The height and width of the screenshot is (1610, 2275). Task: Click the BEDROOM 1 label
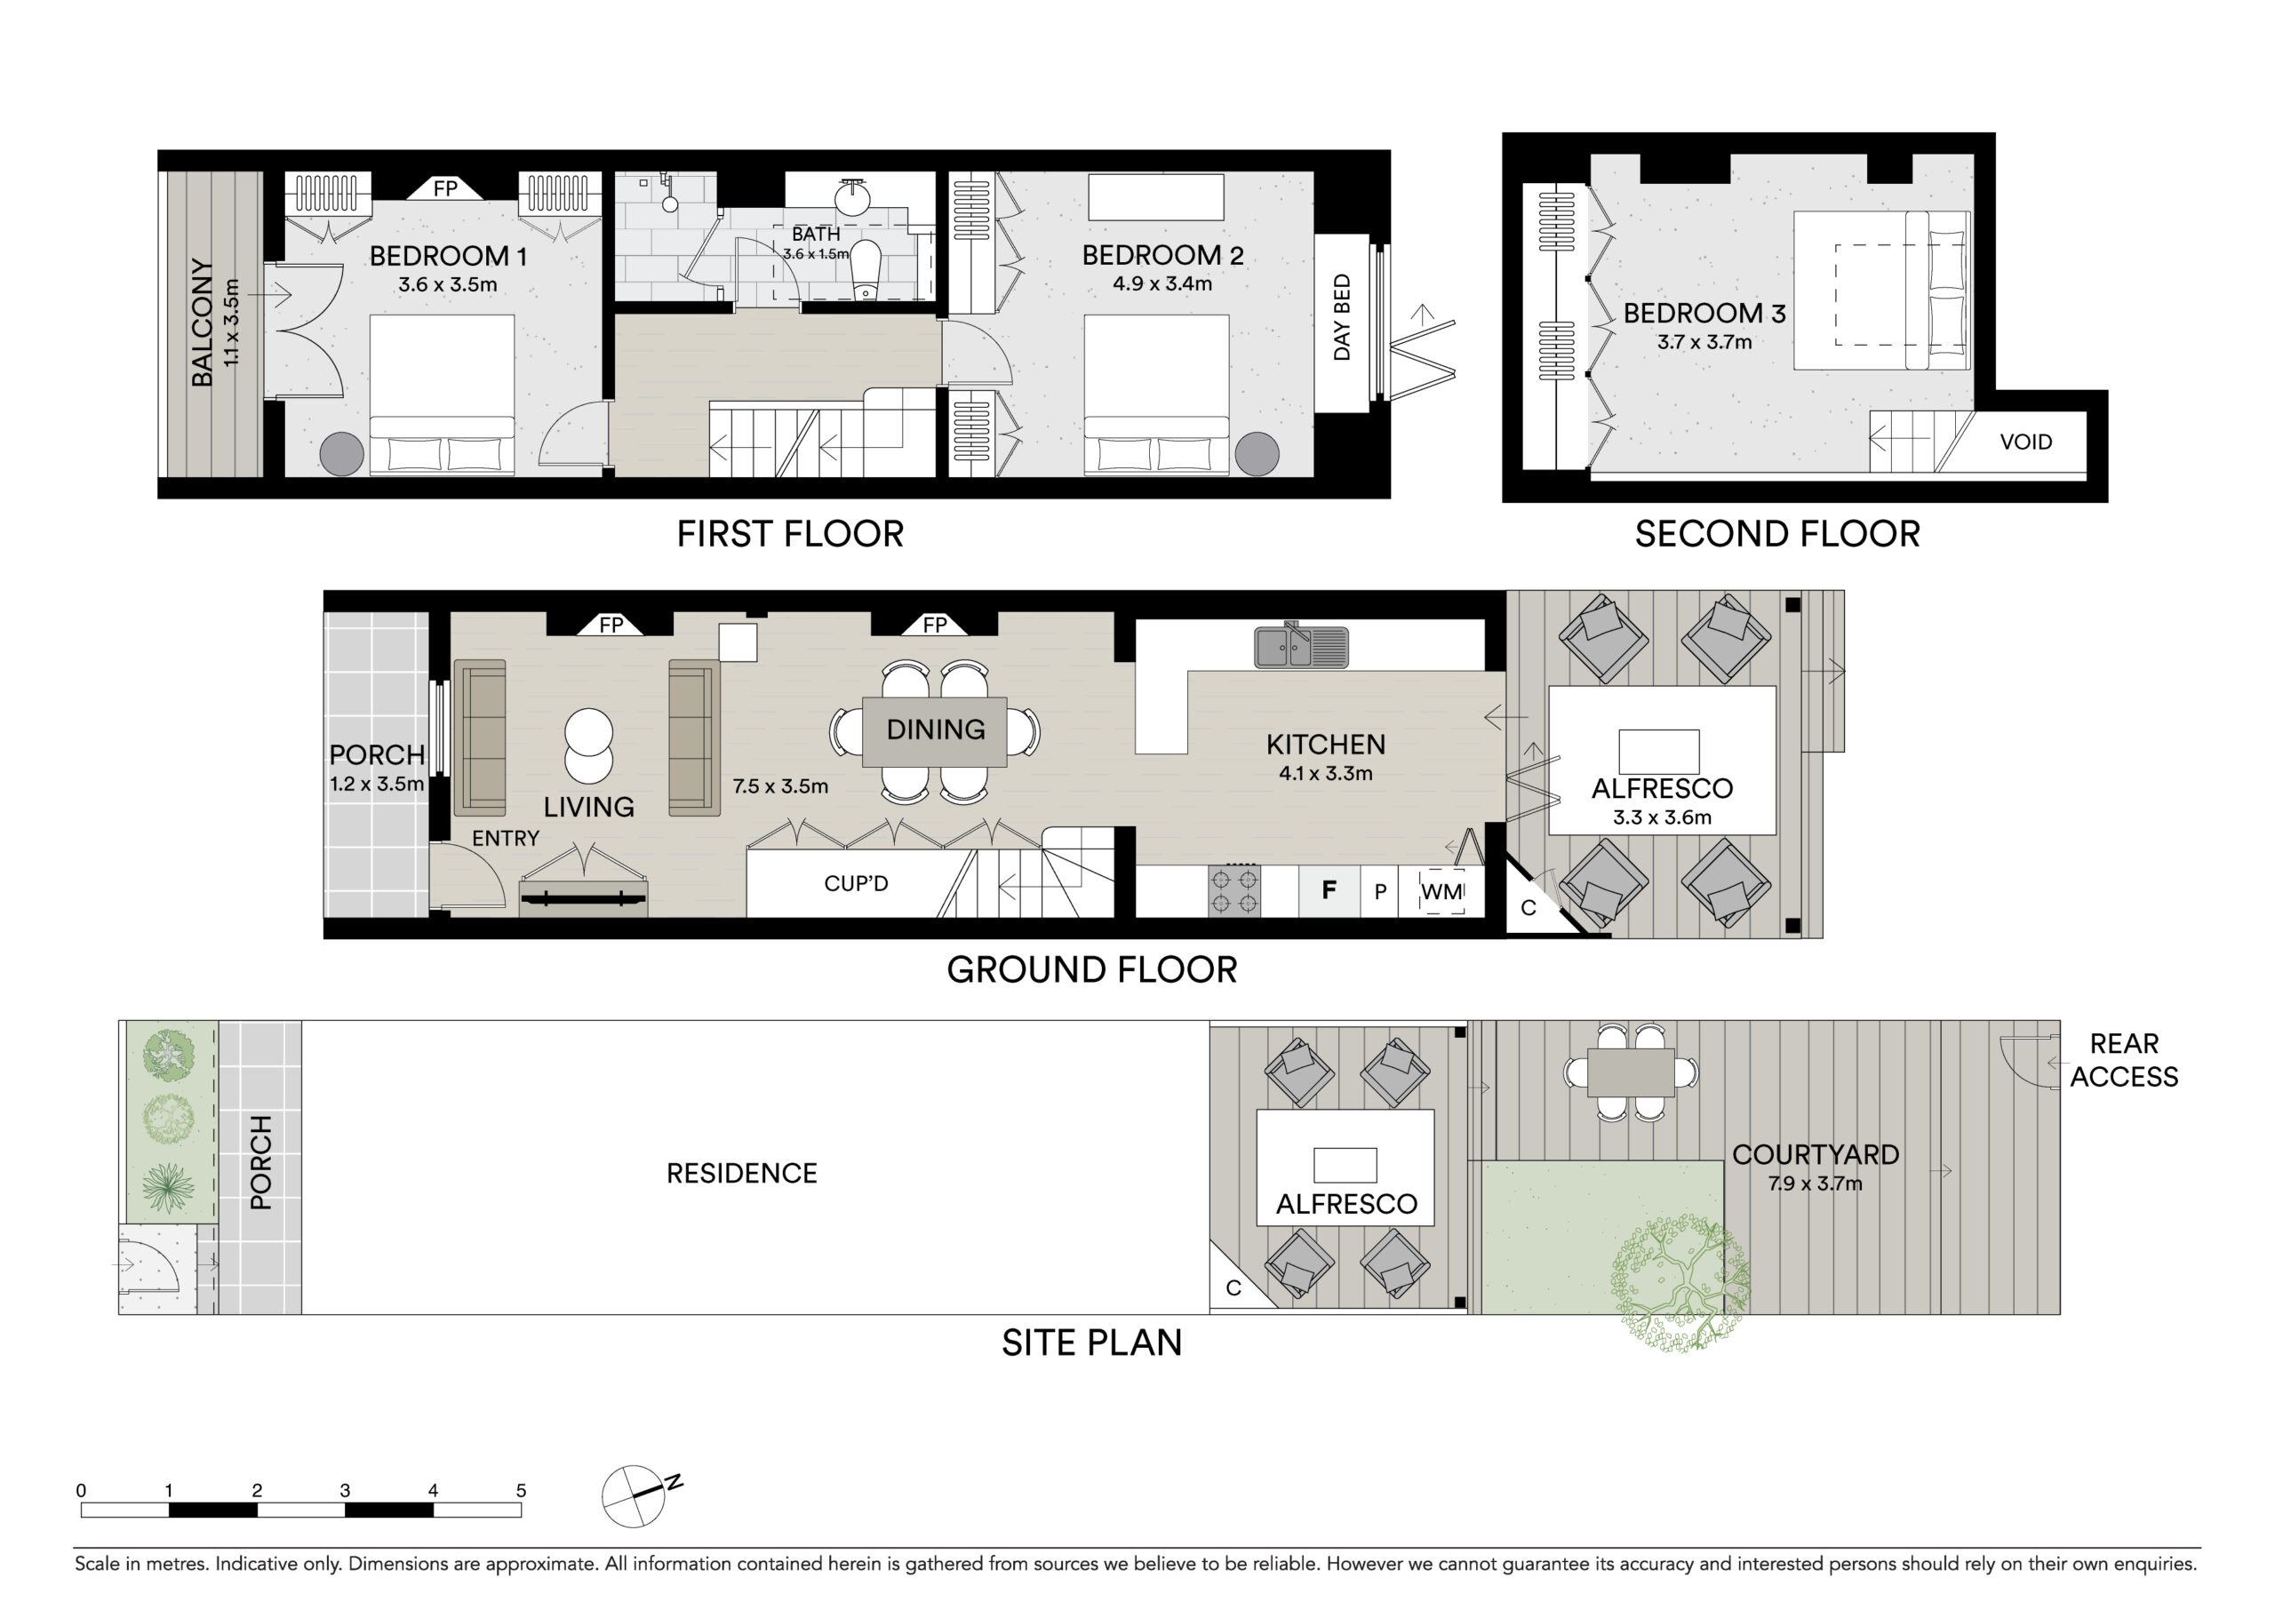(x=448, y=256)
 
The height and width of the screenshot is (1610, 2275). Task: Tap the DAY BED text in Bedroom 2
(x=1342, y=317)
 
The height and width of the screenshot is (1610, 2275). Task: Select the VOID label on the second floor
(x=2026, y=442)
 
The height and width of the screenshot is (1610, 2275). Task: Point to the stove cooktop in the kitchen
(x=1234, y=890)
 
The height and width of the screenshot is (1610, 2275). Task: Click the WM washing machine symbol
(x=1441, y=891)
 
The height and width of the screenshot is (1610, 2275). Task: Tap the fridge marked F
(x=1329, y=890)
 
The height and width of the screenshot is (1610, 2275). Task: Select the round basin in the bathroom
(x=852, y=197)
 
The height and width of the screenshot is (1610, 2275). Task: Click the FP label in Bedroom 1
(x=445, y=188)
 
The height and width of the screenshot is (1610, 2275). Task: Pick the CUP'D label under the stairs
(x=856, y=883)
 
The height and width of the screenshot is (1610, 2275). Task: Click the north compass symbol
(x=635, y=1496)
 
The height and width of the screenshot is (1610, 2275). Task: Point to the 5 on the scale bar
(x=522, y=1490)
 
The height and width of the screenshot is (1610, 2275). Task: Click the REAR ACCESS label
(x=2123, y=1060)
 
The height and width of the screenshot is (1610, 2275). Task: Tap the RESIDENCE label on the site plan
(x=741, y=1174)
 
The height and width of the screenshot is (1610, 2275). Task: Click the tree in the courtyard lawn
(x=1680, y=1285)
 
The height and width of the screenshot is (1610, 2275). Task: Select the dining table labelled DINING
(x=935, y=731)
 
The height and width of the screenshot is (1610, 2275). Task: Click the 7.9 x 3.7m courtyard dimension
(x=1815, y=1184)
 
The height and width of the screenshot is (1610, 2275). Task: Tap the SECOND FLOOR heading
(x=1777, y=534)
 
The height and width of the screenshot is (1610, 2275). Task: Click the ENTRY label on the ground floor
(x=506, y=839)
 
